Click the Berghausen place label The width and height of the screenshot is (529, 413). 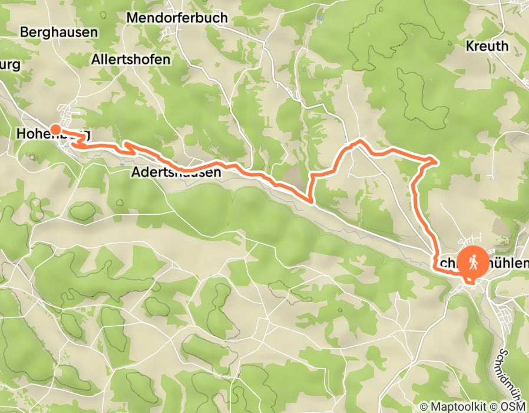[x=59, y=32]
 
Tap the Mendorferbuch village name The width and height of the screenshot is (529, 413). [x=177, y=18]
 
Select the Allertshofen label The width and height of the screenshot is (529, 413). [x=131, y=60]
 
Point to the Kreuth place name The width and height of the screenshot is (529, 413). [x=487, y=46]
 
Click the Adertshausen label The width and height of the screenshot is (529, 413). [x=176, y=173]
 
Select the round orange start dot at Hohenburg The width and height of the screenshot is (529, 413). [x=55, y=129]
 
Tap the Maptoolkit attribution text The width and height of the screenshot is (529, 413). [x=464, y=407]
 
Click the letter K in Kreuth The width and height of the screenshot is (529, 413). [x=470, y=46]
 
